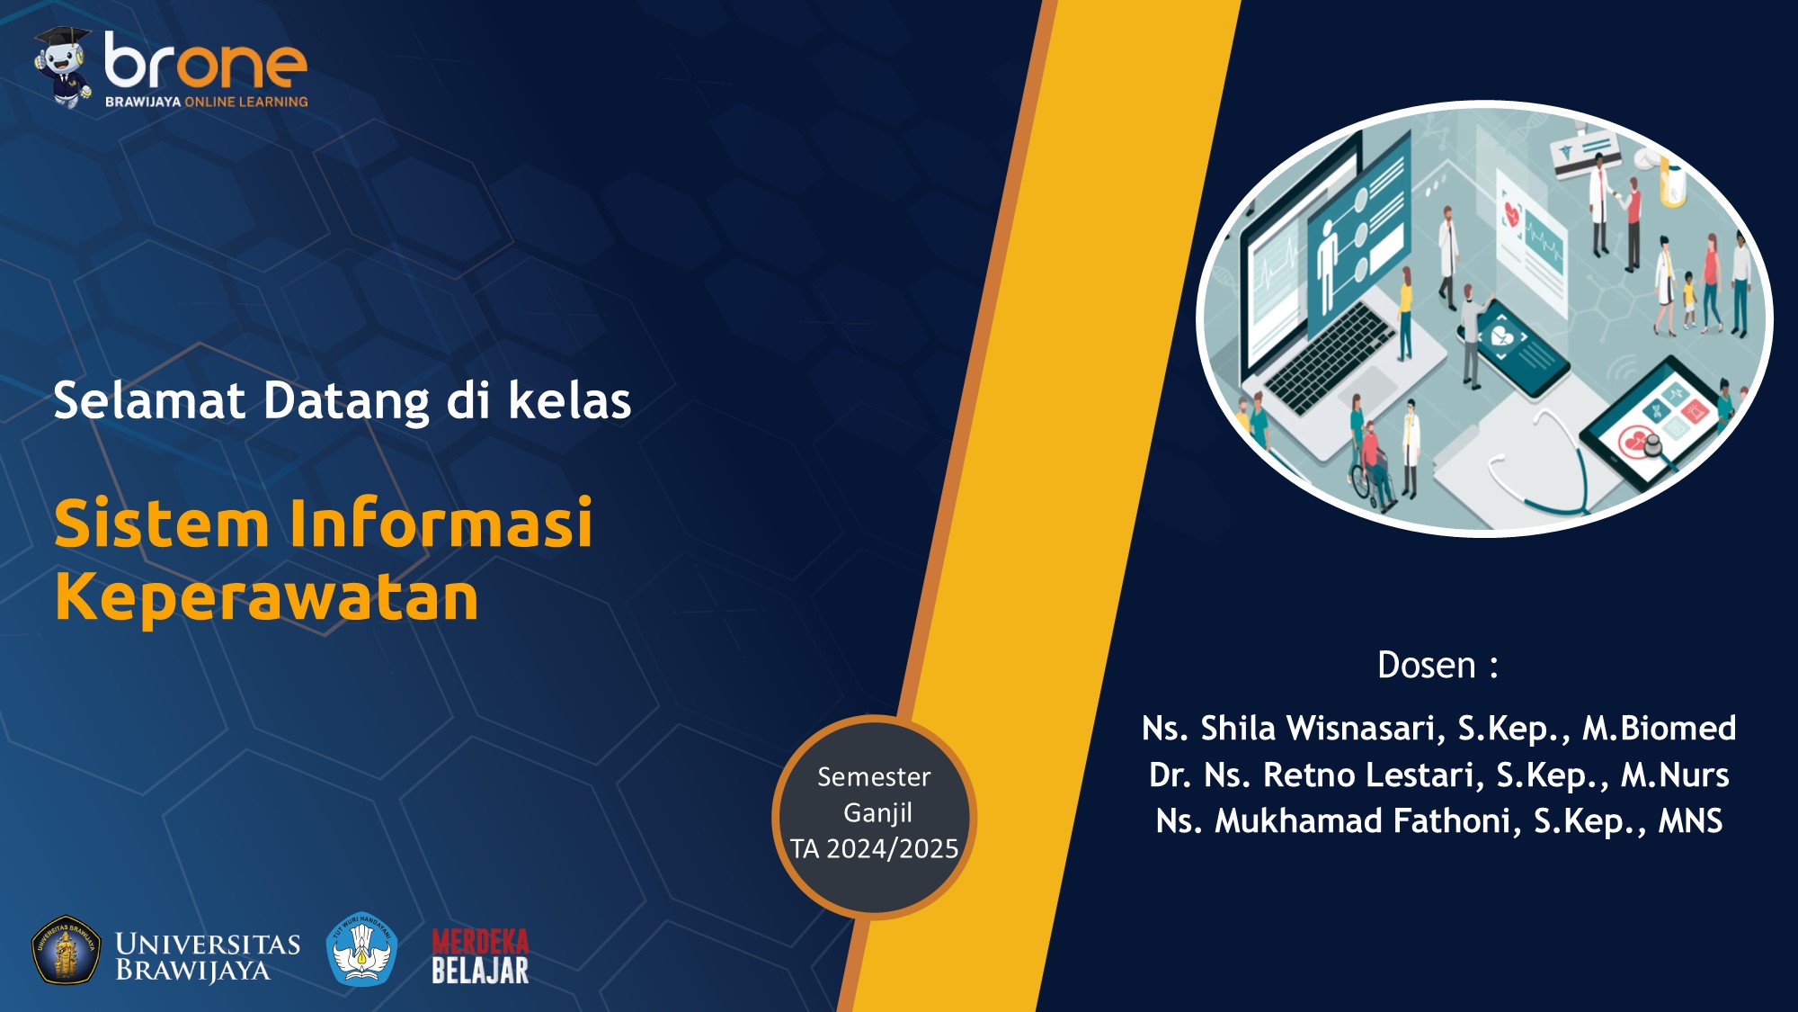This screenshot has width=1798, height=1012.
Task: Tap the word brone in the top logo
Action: coord(205,62)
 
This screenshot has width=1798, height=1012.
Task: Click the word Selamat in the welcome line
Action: coord(149,400)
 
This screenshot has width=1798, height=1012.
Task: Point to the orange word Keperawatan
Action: coord(267,597)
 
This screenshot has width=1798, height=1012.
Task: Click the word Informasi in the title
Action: coord(441,524)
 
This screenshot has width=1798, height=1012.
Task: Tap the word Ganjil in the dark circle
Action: coord(877,812)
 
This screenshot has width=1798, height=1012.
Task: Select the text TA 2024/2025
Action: coord(875,848)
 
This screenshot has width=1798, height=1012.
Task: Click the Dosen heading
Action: coord(1437,666)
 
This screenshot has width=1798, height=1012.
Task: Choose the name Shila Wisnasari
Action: coord(1322,729)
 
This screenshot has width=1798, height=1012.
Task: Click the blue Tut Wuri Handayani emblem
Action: coord(361,950)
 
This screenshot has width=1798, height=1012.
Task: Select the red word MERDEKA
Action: coord(480,942)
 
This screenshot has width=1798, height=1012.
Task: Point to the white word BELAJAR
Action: coord(480,972)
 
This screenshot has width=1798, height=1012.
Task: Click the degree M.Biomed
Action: coord(1659,729)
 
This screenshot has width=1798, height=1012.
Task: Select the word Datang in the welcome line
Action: coord(346,400)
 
